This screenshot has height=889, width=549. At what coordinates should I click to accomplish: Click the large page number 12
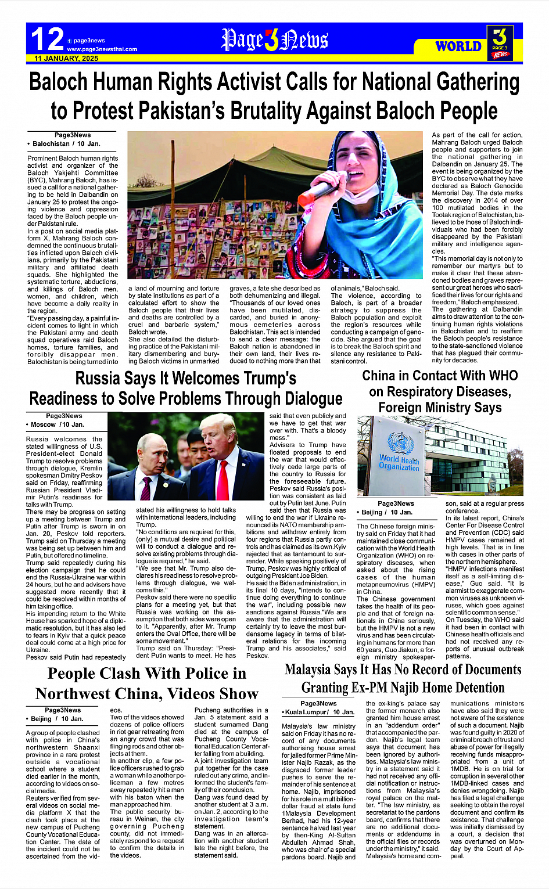click(47, 39)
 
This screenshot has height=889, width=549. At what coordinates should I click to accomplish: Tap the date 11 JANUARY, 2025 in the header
click(66, 59)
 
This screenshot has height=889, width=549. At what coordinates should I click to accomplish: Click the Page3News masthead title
click(274, 40)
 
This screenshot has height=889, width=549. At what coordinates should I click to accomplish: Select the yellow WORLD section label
click(458, 46)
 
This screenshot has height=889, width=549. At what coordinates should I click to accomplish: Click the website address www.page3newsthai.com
click(102, 49)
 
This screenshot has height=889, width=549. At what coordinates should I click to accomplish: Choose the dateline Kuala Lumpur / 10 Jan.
click(319, 712)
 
